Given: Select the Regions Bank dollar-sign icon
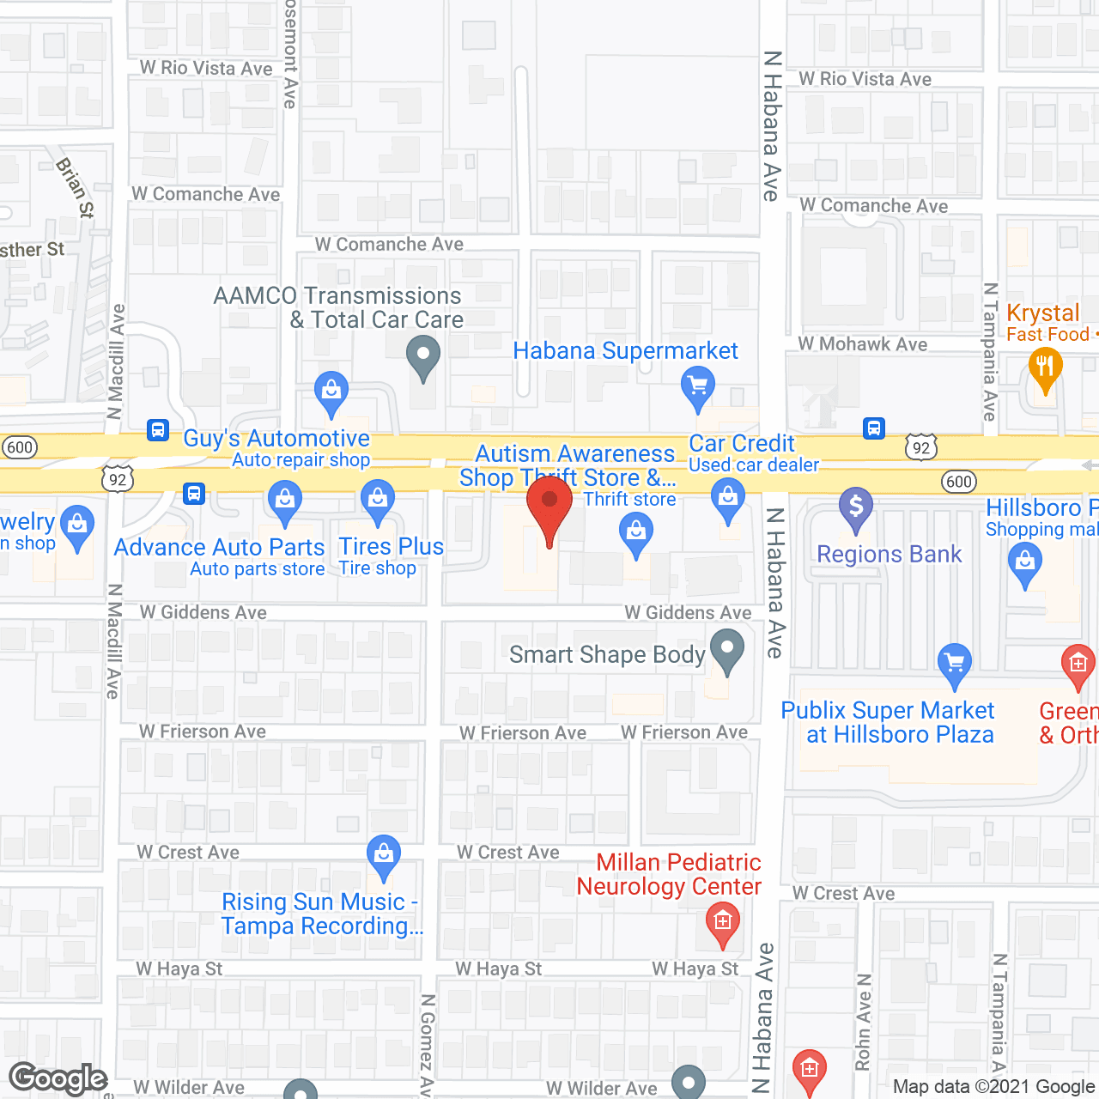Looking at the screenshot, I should coord(856,506).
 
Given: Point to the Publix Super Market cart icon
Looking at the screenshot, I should coord(955,662).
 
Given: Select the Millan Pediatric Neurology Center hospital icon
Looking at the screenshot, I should coord(723,922).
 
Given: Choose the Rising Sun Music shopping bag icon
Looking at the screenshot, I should coord(384,853).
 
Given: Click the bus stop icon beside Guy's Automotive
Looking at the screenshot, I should coord(158,429).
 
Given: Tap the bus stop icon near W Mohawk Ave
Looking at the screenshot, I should coord(874,428).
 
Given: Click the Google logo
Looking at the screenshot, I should coord(58,1078).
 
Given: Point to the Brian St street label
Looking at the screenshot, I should coord(75,187).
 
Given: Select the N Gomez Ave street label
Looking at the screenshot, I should coord(427,1044).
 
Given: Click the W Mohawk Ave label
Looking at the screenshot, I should coord(862,344).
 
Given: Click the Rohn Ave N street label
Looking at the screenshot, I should coord(863,1022).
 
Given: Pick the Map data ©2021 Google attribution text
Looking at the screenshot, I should coord(994,1087).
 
